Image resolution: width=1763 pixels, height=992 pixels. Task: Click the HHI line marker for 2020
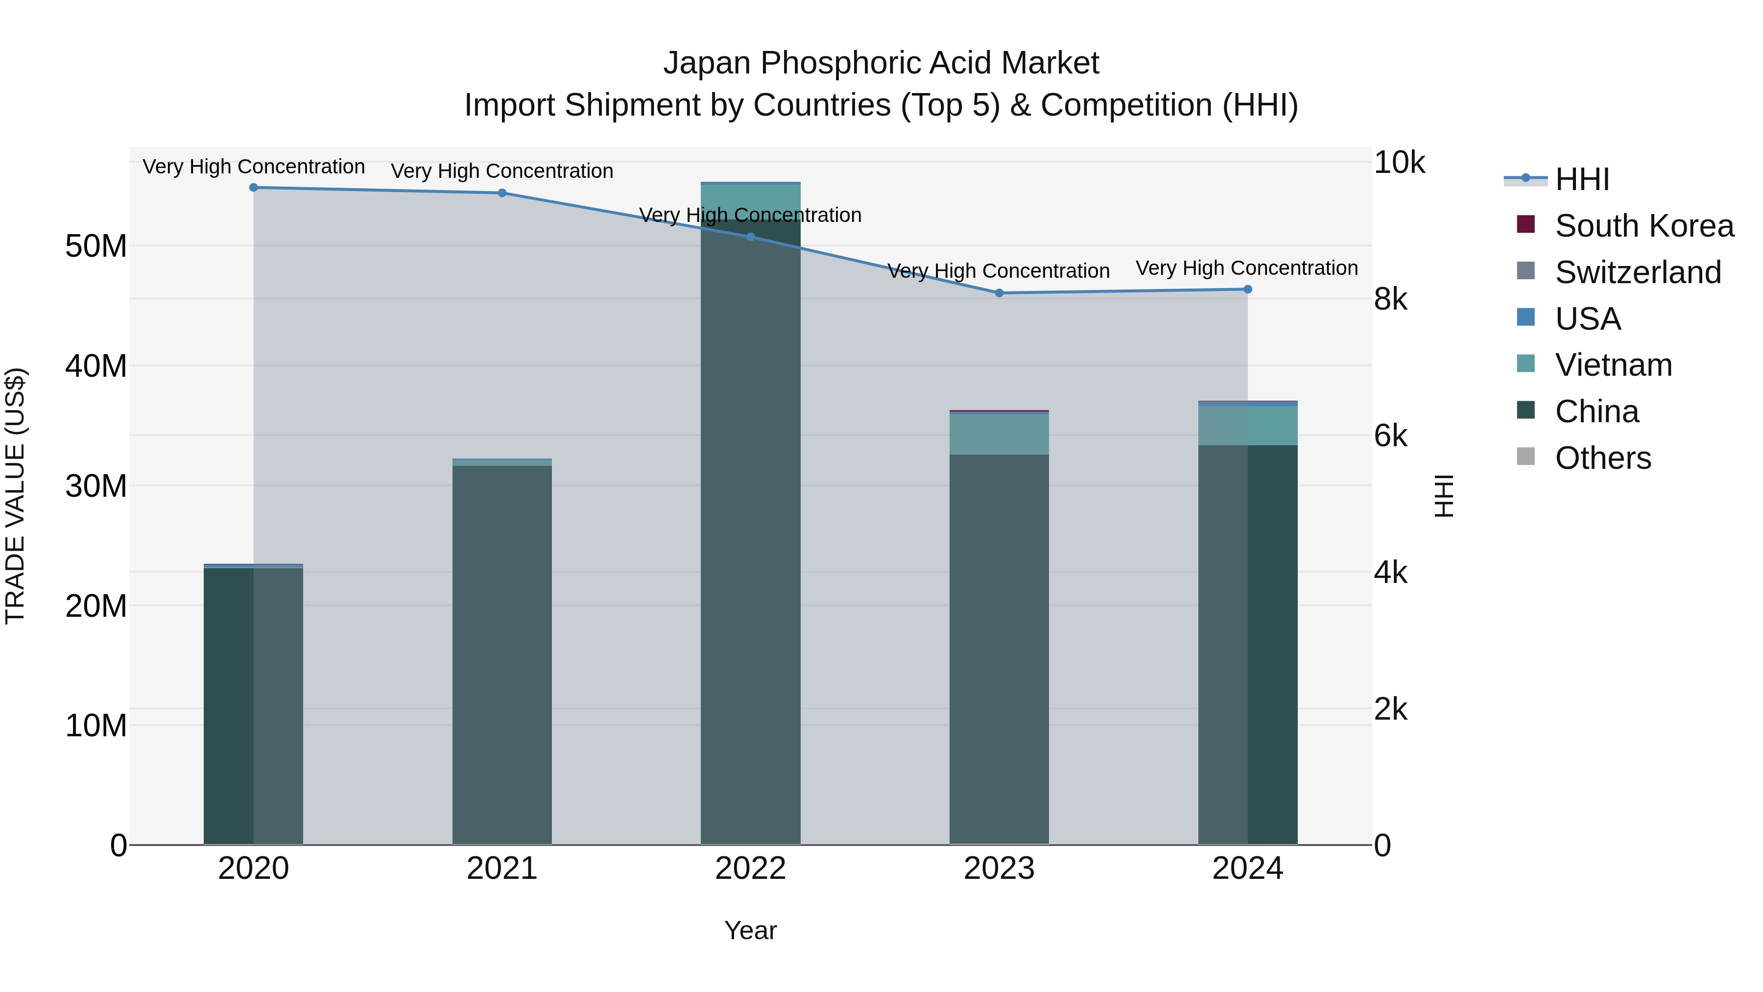253,188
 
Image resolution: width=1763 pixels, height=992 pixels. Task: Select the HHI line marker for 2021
501,193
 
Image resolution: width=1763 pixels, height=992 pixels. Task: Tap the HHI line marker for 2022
750,237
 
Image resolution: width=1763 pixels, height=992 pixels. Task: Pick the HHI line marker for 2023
999,293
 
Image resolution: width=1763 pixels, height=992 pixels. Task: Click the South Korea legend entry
1644,226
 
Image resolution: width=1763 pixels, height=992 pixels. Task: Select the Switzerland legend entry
1638,272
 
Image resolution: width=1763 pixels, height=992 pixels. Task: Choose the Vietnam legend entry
1613,365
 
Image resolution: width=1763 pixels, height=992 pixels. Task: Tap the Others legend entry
1603,458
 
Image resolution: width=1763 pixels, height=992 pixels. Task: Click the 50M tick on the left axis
96,246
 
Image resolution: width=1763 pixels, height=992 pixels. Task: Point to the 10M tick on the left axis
96,726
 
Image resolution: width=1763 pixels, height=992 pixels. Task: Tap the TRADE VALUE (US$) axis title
15,496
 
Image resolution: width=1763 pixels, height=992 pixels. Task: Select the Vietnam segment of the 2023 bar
999,435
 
